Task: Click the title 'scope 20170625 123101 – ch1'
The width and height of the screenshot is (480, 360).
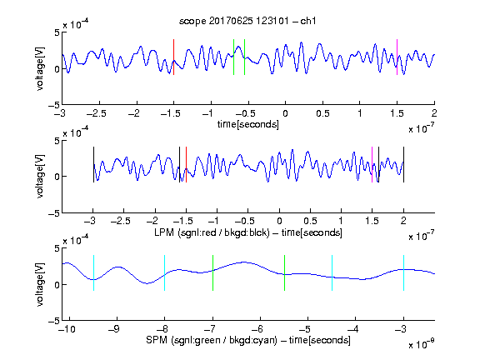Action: pos(247,21)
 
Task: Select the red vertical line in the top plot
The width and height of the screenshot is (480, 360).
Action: pos(173,57)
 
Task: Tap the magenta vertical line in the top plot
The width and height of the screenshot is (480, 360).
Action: pos(397,57)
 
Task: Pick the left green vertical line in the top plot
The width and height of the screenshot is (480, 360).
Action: pos(233,57)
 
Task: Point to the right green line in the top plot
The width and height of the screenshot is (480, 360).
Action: pos(245,57)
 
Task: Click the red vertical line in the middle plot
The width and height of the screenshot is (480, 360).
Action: pos(186,165)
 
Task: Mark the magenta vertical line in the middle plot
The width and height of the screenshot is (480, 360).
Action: pos(372,165)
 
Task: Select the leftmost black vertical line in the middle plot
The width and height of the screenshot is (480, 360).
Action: pos(93,165)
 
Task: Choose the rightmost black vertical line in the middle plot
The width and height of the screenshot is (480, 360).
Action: pos(403,165)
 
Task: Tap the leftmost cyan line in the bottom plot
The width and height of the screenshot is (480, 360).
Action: pos(93,272)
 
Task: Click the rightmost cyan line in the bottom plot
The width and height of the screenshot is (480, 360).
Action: pos(403,272)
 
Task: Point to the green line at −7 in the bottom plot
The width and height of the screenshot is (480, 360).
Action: pos(212,272)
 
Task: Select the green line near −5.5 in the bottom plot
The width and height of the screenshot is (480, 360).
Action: pos(284,272)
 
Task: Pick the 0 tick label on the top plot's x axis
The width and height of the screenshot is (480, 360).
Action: pos(285,113)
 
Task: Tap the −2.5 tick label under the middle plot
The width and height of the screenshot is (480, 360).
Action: pos(121,221)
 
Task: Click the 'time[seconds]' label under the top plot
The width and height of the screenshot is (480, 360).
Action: pos(248,124)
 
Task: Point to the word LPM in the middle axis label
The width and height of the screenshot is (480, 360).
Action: pos(164,232)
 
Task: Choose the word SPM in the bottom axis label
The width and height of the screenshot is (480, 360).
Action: pos(157,340)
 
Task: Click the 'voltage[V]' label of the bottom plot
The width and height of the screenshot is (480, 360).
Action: pos(40,284)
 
